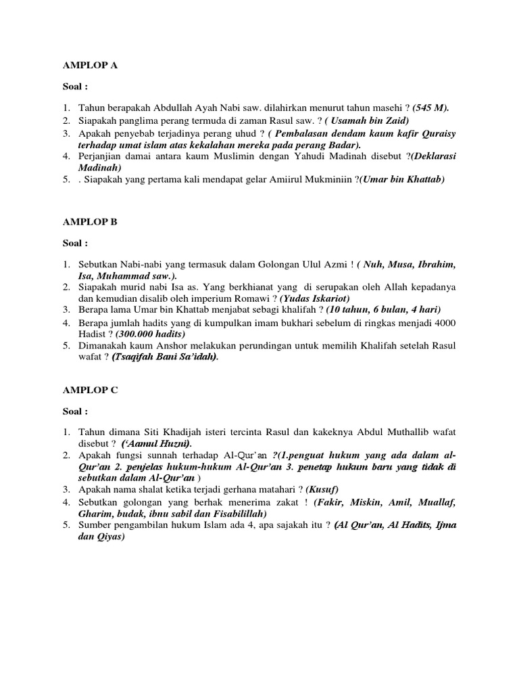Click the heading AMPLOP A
point(91,66)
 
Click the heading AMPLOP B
point(90,221)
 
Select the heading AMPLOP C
point(90,389)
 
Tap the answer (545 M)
point(430,108)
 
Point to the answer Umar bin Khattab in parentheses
point(401,179)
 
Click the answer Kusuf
point(322,489)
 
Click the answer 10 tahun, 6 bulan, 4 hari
point(383,310)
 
